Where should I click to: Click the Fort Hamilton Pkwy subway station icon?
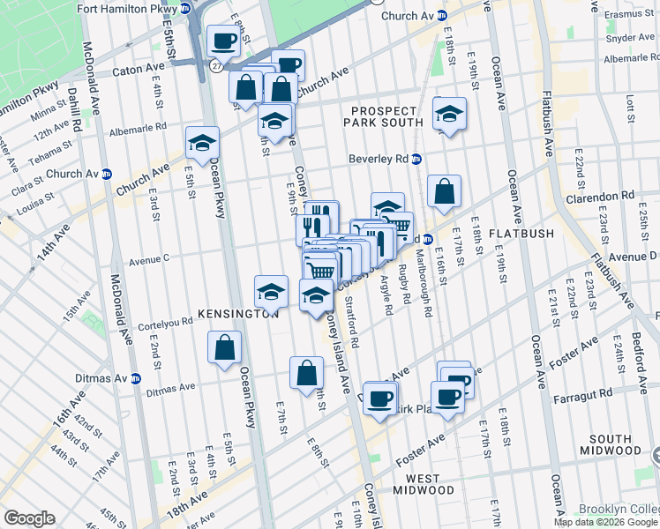pyautogui.click(x=184, y=8)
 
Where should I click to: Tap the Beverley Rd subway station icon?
pyautogui.click(x=416, y=159)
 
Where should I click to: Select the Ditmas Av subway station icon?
pyautogui.click(x=136, y=378)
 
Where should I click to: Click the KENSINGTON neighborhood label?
pyautogui.click(x=238, y=314)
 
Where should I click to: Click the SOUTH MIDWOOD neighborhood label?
pyautogui.click(x=622, y=444)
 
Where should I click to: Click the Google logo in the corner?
pyautogui.click(x=29, y=518)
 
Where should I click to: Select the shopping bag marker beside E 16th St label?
pyautogui.click(x=446, y=191)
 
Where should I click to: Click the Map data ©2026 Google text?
pyautogui.click(x=604, y=522)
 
